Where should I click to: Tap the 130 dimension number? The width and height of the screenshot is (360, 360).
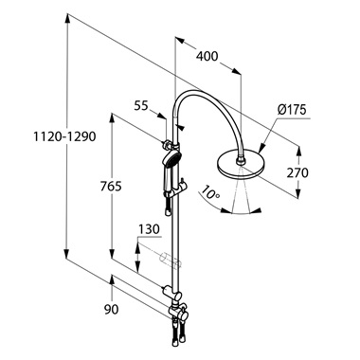pyautogui.click(x=149, y=228)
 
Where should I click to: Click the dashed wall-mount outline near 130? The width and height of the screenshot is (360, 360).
pyautogui.click(x=169, y=259)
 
